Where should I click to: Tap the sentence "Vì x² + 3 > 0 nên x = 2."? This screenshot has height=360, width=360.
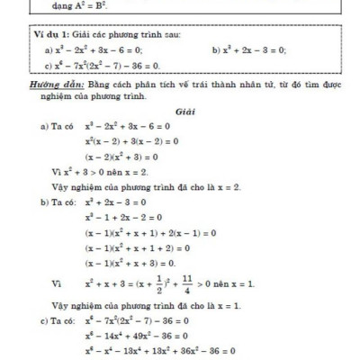click(x=104, y=171)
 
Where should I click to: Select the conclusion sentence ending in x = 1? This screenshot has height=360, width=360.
click(x=153, y=306)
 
